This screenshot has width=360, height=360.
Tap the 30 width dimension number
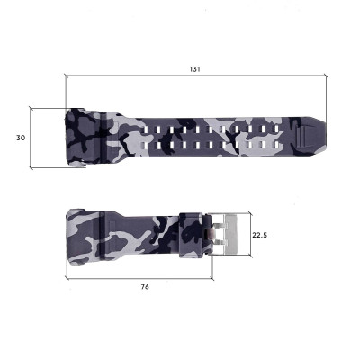20,138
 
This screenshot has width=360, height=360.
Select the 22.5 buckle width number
259,234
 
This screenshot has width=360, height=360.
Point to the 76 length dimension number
145,286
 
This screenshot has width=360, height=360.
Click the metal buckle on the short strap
226,233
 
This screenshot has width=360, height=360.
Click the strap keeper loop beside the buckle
193,234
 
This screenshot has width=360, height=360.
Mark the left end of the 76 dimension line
67,278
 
